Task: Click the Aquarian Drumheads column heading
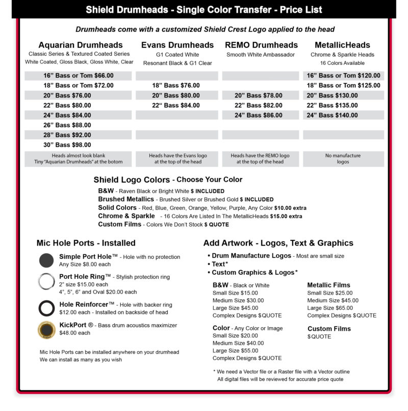(x=81, y=45)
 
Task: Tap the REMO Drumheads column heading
(x=261, y=45)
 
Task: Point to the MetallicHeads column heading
(x=343, y=45)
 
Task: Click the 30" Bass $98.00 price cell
(x=67, y=145)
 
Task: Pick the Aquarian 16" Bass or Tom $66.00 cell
(x=78, y=76)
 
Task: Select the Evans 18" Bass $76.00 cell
(x=176, y=86)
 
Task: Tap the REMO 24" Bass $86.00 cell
(x=259, y=115)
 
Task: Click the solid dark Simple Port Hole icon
(x=46, y=260)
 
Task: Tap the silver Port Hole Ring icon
(x=46, y=281)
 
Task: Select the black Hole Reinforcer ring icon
(x=46, y=308)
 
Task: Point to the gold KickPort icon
(x=46, y=330)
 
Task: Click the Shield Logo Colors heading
(x=132, y=180)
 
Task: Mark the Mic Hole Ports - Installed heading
(x=86, y=243)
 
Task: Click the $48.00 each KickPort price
(x=74, y=333)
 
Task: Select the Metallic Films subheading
(x=328, y=285)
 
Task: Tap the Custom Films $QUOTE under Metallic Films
(x=319, y=336)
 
